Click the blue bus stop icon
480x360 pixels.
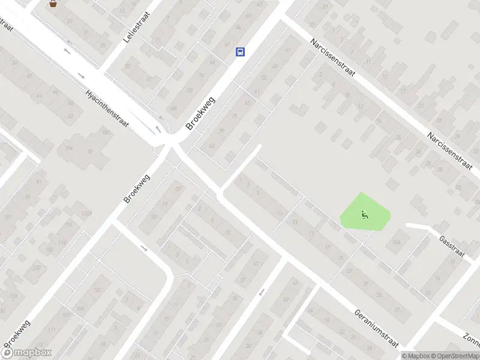tap(240, 52)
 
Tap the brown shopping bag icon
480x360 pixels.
tap(53, 4)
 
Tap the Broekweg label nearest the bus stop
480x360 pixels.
tap(200, 113)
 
